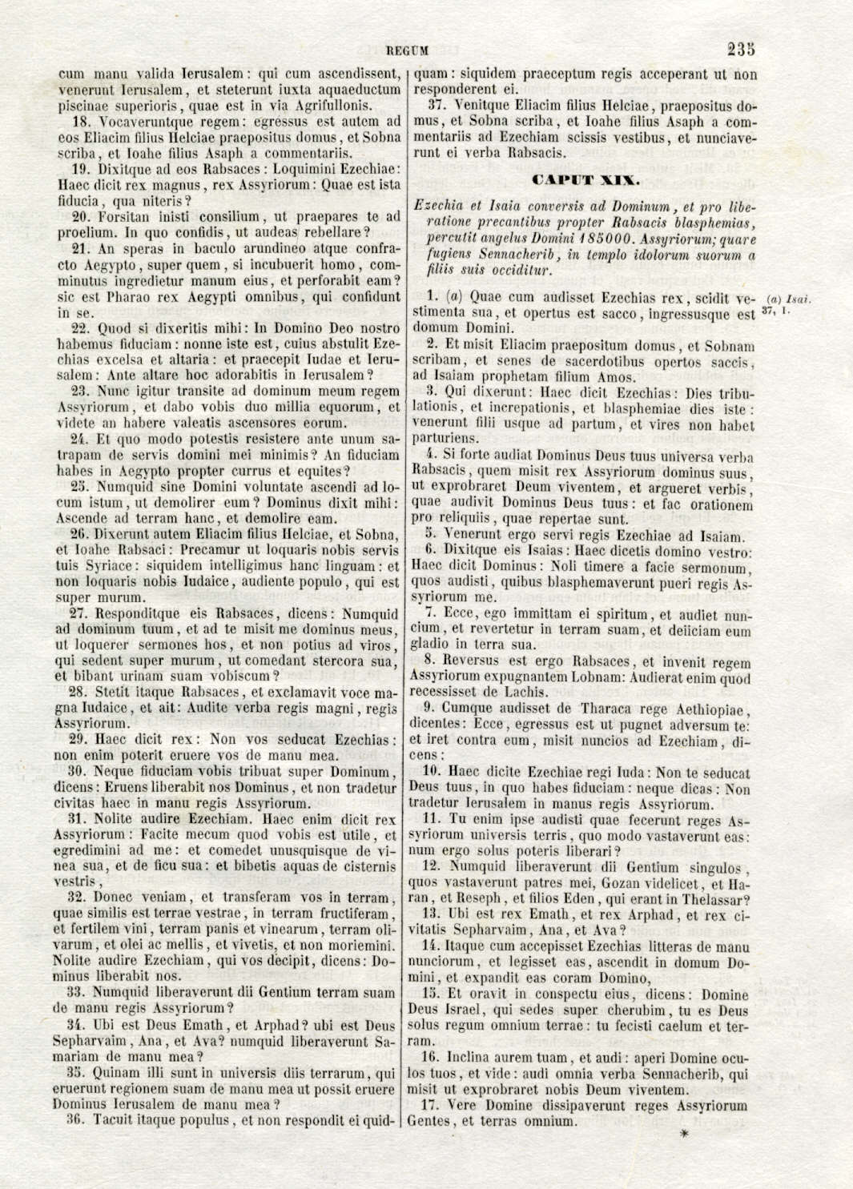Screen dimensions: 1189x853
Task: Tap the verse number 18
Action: click(x=82, y=122)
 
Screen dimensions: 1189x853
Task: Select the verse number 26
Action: click(x=82, y=535)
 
